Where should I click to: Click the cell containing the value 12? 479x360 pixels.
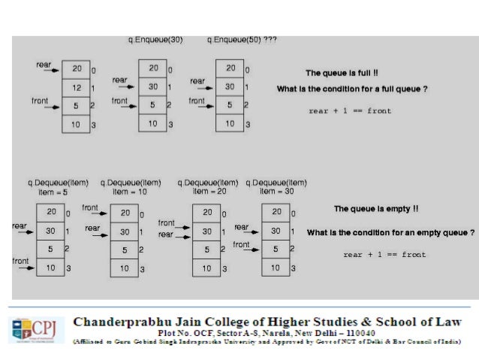[76, 88]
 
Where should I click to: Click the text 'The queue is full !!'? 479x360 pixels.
[342, 73]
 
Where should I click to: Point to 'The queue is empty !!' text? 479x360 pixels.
[375, 208]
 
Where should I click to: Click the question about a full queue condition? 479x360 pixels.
[352, 89]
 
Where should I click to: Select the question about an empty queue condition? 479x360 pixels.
[390, 232]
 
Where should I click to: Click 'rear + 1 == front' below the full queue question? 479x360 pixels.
[350, 111]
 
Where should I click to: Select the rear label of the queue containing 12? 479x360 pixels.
[44, 65]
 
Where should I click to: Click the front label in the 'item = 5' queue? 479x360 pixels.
[20, 261]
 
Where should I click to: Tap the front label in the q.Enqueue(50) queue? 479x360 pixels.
[197, 100]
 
